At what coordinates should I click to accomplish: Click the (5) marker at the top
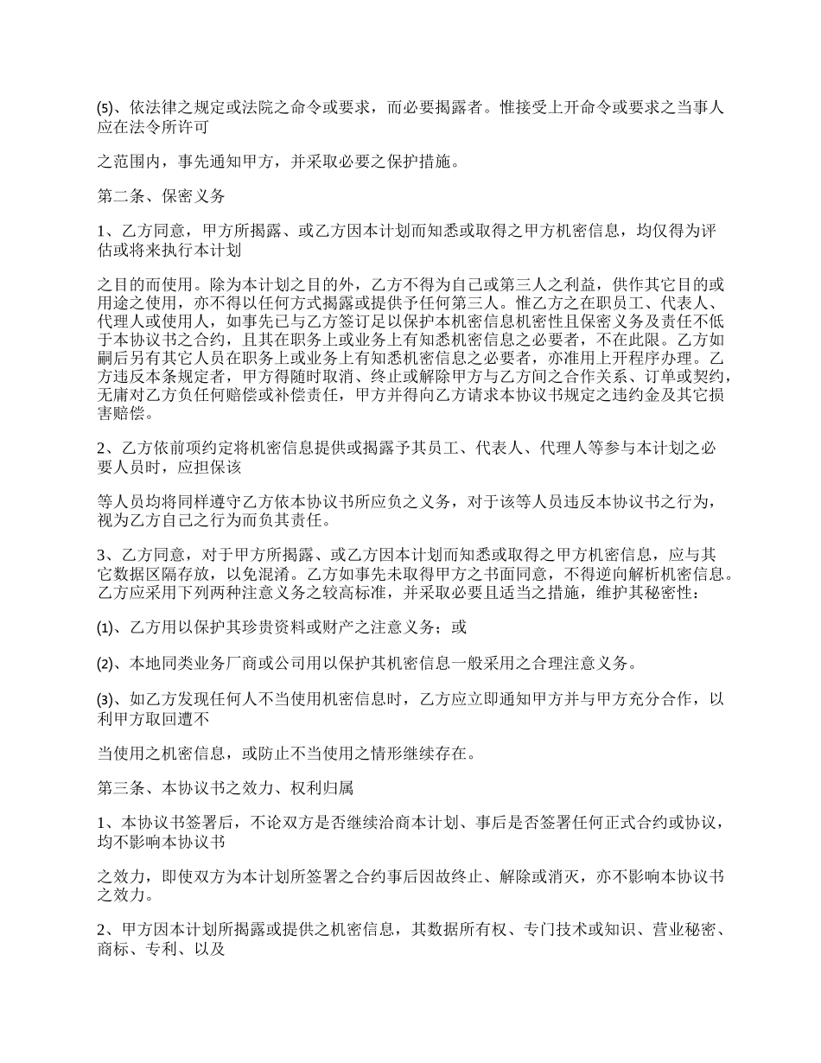pyautogui.click(x=104, y=108)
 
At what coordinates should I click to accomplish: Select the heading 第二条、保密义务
pyautogui.click(x=161, y=196)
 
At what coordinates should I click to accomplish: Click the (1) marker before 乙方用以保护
pyautogui.click(x=104, y=628)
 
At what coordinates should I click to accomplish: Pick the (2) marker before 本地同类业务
pyautogui.click(x=104, y=665)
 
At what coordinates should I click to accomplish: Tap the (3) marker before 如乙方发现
pyautogui.click(x=104, y=700)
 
